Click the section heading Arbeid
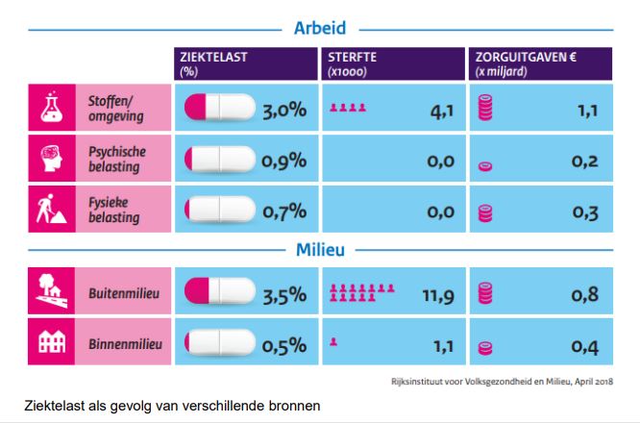tap(320, 28)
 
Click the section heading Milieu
tap(320, 251)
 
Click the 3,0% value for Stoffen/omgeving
tap(284, 111)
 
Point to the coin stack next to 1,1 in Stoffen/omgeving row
tap(486, 110)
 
